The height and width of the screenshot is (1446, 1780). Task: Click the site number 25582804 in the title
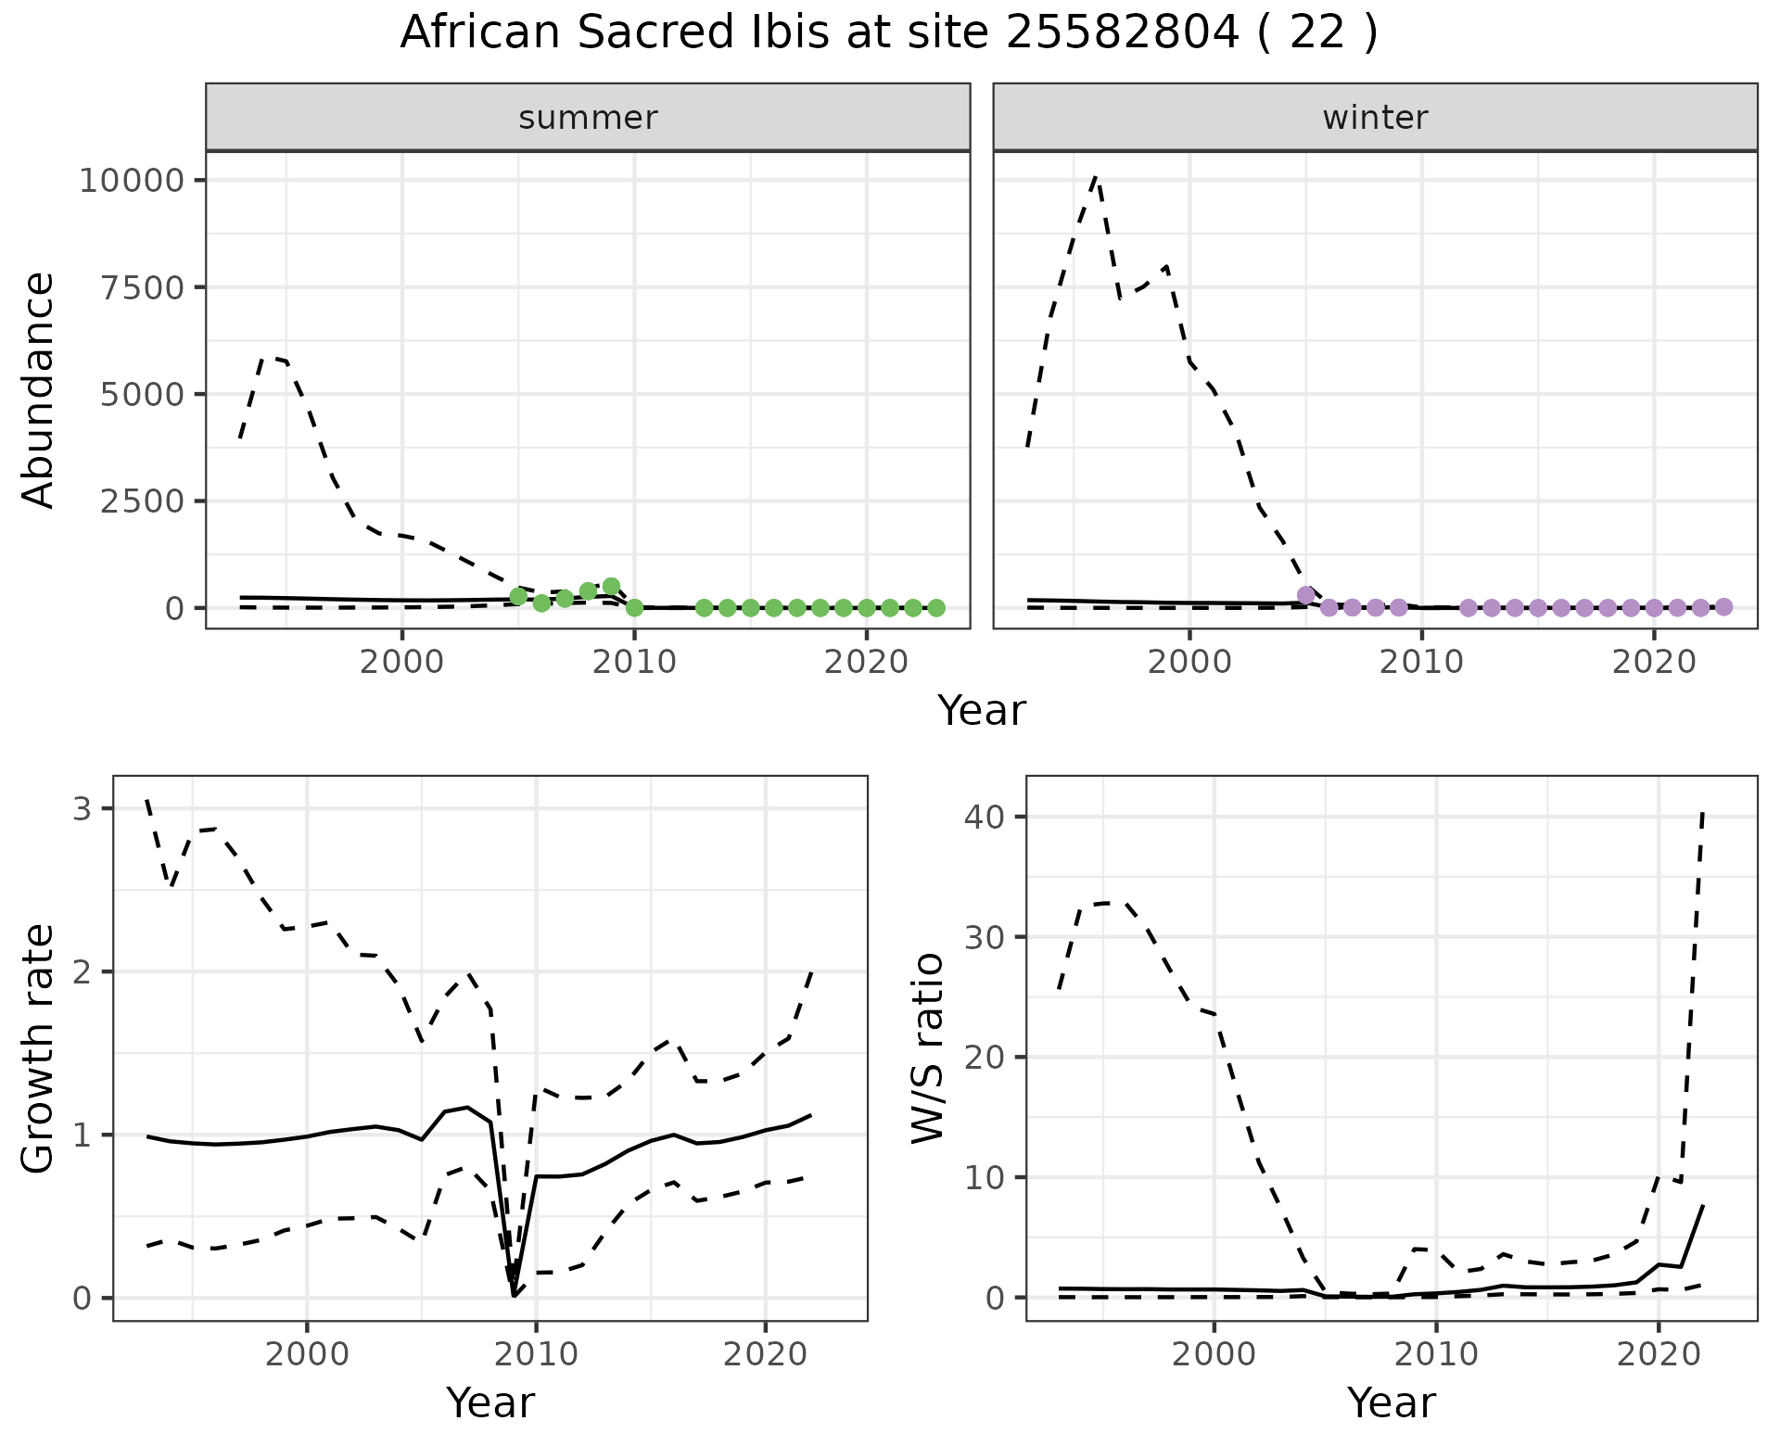coord(1122,33)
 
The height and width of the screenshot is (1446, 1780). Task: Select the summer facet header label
coord(588,118)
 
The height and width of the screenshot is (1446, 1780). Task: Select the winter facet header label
coord(1375,118)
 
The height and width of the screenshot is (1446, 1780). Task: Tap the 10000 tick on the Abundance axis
coord(132,180)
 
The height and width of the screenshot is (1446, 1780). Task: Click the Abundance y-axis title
coord(38,389)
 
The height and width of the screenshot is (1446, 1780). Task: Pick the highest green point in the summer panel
coord(611,586)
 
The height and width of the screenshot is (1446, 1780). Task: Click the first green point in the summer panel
coord(518,596)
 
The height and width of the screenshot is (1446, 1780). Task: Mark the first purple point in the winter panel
coord(1305,595)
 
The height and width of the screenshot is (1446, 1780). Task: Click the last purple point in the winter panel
coord(1723,607)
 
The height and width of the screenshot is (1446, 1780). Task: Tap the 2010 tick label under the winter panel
coord(1421,662)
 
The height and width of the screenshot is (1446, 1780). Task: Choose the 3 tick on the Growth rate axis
coord(82,809)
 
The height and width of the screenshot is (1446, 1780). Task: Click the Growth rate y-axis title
coord(38,1049)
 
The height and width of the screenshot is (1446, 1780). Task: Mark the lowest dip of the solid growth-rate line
coord(514,1295)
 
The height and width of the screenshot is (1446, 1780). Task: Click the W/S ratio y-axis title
coord(927,1049)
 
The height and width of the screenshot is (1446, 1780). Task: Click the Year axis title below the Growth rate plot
coord(489,1402)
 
